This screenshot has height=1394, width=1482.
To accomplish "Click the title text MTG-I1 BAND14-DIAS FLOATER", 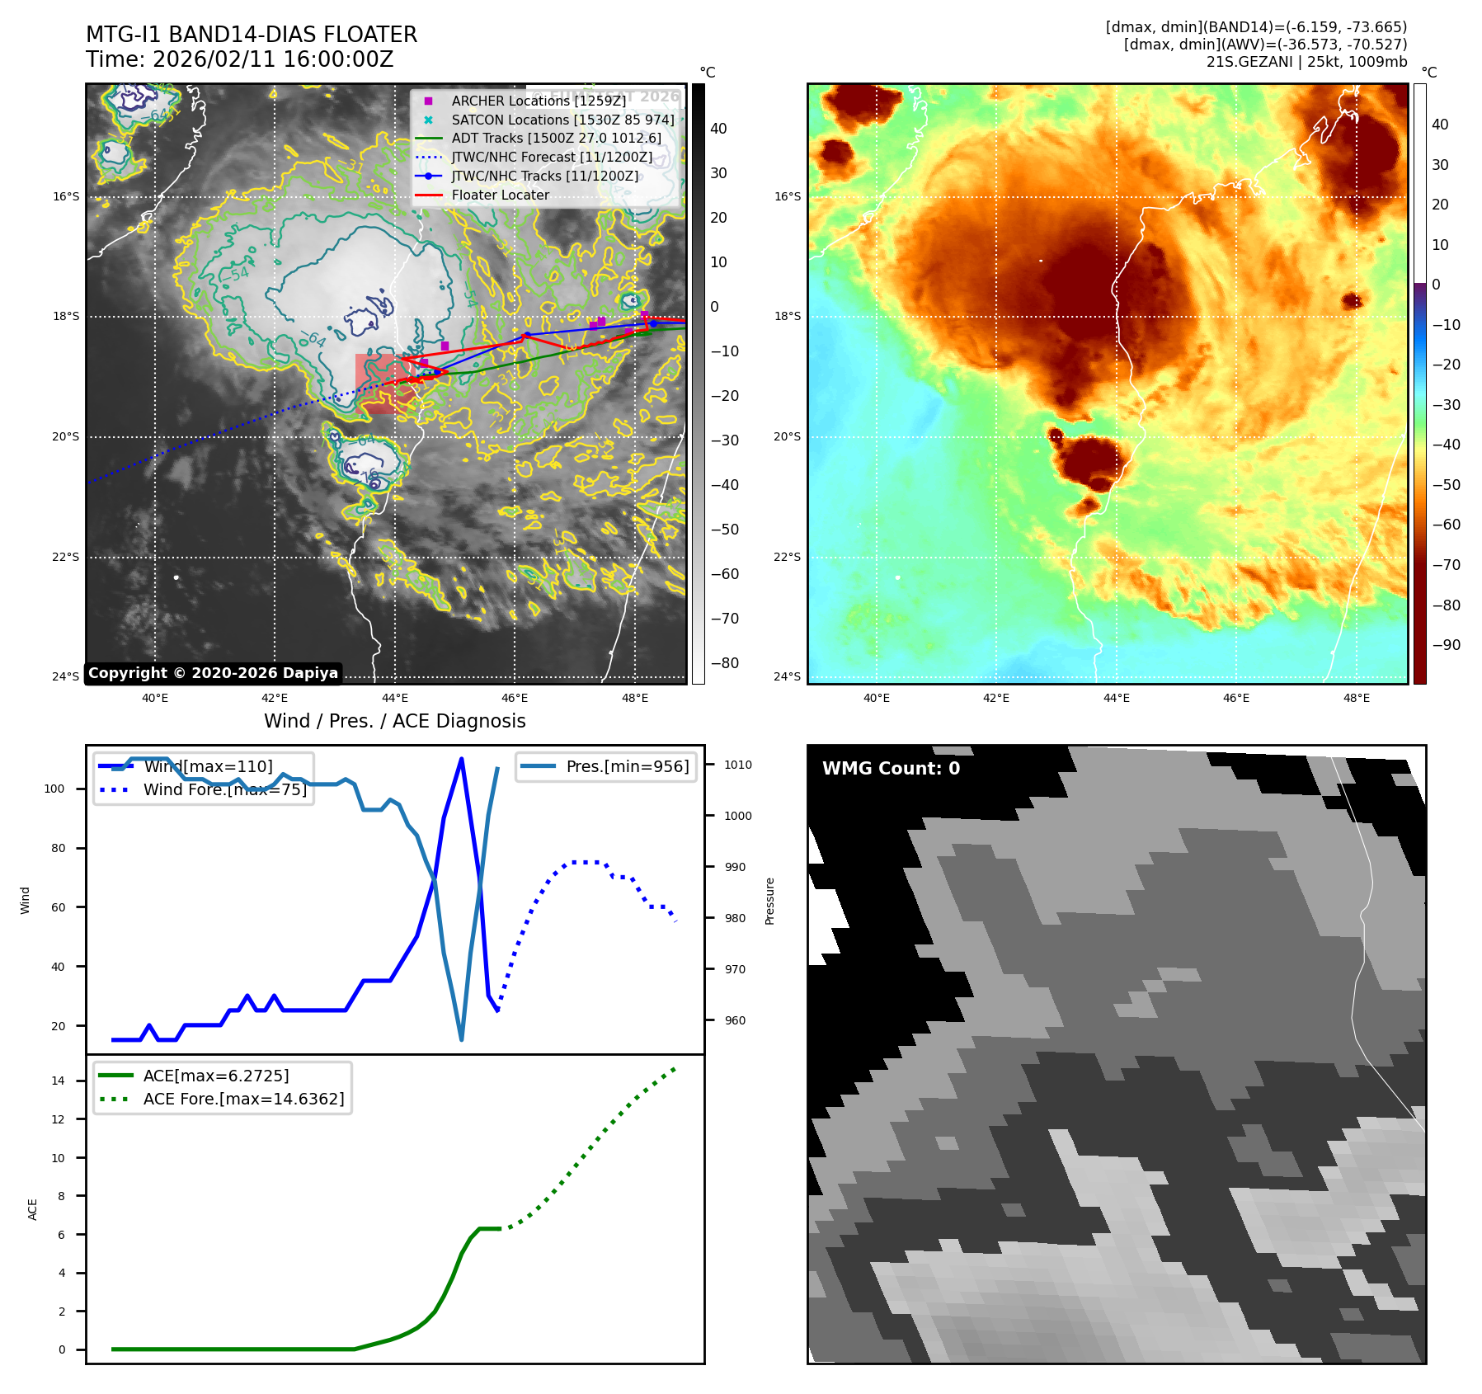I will pos(252,35).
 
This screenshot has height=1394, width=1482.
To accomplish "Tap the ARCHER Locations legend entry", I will pos(538,101).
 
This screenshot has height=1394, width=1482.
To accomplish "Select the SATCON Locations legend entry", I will pos(562,120).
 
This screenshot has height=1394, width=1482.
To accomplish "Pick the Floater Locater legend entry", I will pos(500,195).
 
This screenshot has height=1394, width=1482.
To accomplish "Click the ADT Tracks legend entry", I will pos(556,139).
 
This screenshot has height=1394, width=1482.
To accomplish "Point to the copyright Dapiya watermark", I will pos(213,673).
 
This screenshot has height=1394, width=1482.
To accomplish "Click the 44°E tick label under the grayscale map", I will pos(395,698).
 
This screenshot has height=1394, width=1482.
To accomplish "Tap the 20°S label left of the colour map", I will pos(786,437).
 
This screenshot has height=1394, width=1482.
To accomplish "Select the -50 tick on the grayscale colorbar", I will pos(725,530).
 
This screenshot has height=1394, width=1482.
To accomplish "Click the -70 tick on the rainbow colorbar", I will pos(1446,565).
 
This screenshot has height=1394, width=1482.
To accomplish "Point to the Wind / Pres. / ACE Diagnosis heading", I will pos(394,721).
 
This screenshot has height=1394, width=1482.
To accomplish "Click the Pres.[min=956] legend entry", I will pos(627,766).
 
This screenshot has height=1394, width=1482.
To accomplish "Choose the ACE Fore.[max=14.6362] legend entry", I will pos(243,1099).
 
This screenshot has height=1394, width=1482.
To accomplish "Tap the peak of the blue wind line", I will pos(461,758).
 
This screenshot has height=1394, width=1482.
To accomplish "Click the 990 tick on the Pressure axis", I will pos(734,867).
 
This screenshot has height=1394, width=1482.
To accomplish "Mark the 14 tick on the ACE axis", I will pos(58,1081).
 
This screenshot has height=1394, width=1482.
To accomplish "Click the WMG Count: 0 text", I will pos(891,769).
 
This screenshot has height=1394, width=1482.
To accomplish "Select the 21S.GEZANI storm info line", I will pos(1306,62).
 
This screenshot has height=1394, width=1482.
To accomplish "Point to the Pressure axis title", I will pos(769,901).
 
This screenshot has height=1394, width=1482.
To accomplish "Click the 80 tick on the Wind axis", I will pos(58,848).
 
